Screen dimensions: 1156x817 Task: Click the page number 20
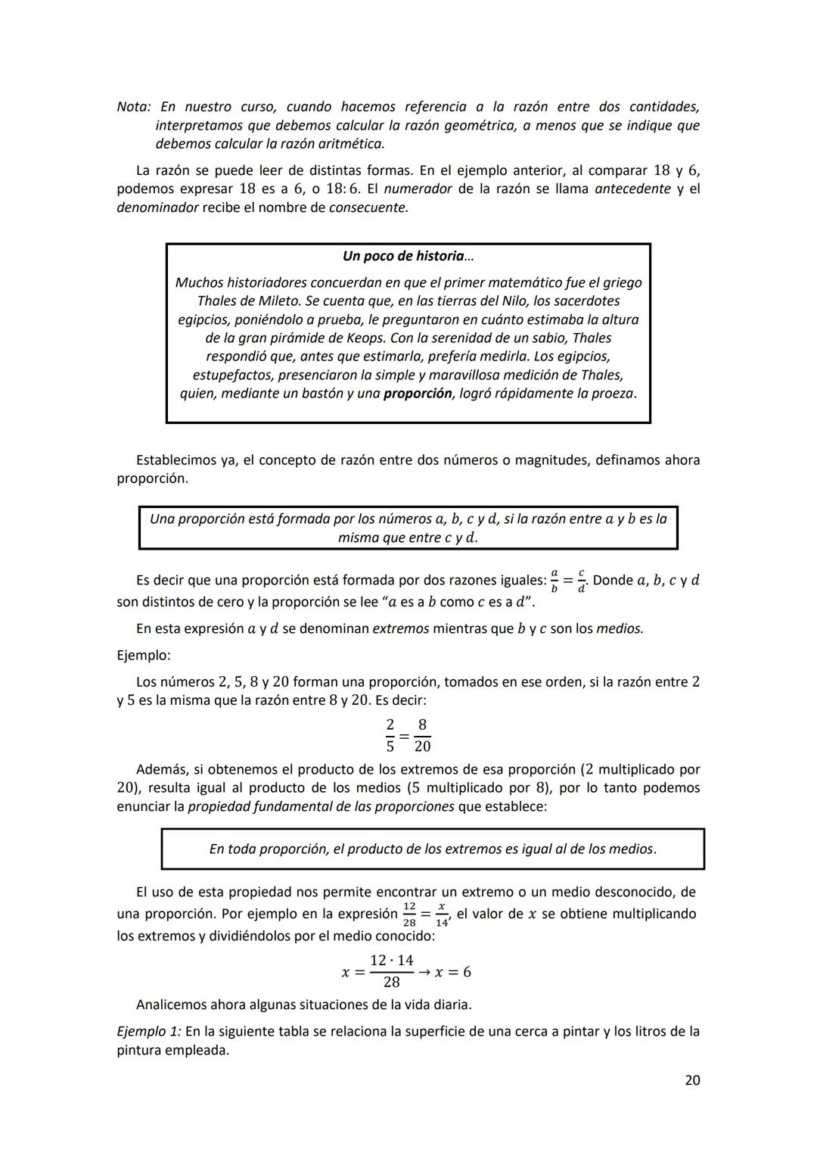pyautogui.click(x=691, y=1080)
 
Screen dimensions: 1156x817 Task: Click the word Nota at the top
pyautogui.click(x=133, y=107)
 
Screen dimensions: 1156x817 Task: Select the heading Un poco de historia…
pyautogui.click(x=408, y=256)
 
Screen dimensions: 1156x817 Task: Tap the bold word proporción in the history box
pyautogui.click(x=417, y=394)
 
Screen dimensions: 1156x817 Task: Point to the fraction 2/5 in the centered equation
pyautogui.click(x=390, y=736)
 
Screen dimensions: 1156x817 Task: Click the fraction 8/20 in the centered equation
pyautogui.click(x=422, y=736)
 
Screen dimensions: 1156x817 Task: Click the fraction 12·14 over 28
pyautogui.click(x=391, y=971)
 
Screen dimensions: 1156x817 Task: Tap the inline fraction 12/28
pyautogui.click(x=409, y=915)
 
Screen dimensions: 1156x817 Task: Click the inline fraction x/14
pyautogui.click(x=442, y=915)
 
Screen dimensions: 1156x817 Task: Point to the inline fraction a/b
pyautogui.click(x=554, y=581)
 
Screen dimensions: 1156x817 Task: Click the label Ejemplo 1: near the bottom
pyautogui.click(x=148, y=1031)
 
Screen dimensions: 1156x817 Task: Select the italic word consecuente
pyautogui.click(x=368, y=207)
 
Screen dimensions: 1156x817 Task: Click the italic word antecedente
pyautogui.click(x=632, y=189)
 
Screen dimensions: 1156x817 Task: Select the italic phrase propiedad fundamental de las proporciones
pyautogui.click(x=321, y=806)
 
